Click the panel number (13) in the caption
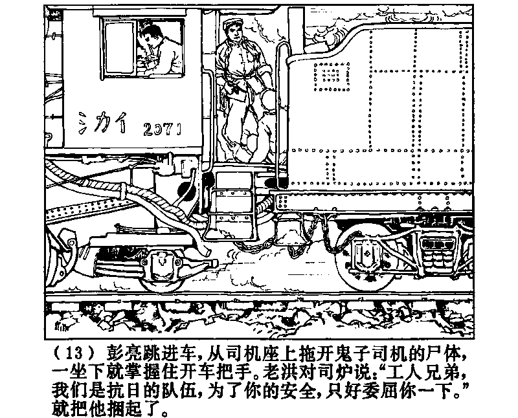76,354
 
